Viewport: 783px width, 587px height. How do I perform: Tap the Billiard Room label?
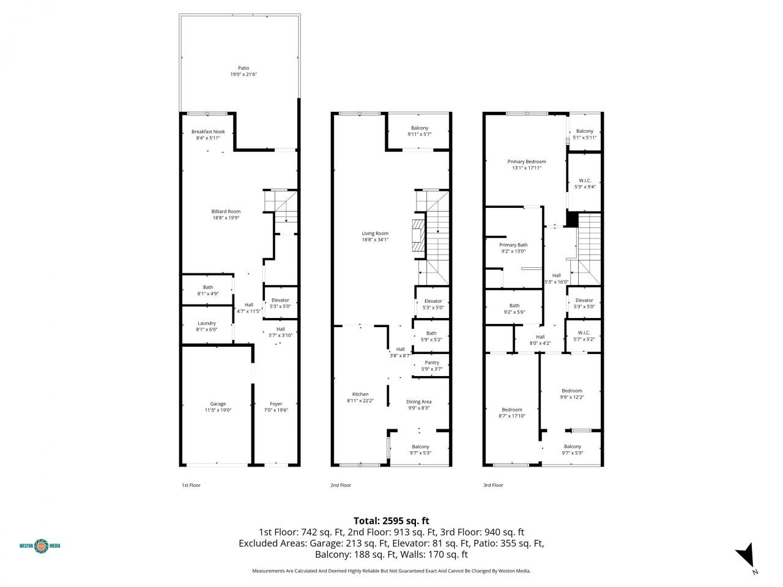coord(226,212)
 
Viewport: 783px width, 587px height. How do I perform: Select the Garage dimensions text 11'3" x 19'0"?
coord(218,411)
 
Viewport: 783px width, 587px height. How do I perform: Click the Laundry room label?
coord(207,323)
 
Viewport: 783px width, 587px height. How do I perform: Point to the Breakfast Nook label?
coord(208,131)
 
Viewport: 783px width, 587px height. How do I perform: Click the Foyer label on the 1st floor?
coord(276,404)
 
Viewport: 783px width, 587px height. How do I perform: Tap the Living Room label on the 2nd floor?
coord(375,233)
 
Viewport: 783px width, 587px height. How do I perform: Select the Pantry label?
coord(432,363)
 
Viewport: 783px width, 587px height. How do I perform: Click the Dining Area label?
coord(419,402)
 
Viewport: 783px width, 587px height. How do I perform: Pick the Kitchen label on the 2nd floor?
coord(360,394)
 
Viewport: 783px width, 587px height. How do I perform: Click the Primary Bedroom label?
coord(527,161)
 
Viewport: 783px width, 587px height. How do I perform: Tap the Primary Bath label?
coord(513,245)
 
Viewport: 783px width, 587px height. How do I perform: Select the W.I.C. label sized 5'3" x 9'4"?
coord(584,180)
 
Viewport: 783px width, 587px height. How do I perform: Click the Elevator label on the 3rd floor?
coord(584,300)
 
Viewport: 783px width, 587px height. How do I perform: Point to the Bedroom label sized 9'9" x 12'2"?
coord(572,390)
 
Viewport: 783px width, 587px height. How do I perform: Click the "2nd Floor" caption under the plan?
coord(341,485)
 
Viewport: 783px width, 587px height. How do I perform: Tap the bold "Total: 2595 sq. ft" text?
coord(391,521)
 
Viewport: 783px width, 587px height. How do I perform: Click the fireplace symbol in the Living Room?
coord(418,235)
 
